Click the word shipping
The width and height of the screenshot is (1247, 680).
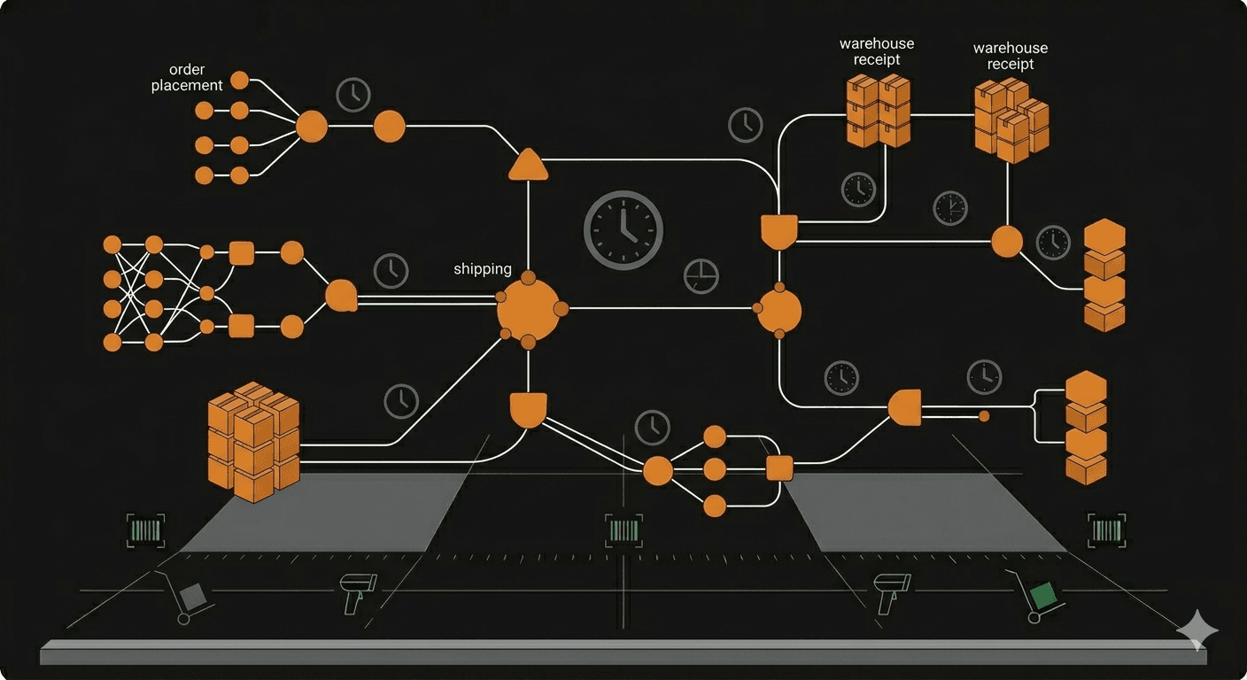(x=483, y=268)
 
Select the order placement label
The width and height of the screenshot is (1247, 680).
(x=187, y=77)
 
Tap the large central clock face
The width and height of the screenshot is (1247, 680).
(x=623, y=229)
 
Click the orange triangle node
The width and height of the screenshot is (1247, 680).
(x=529, y=166)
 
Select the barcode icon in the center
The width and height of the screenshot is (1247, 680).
(x=623, y=530)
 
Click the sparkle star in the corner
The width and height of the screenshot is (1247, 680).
(x=1197, y=630)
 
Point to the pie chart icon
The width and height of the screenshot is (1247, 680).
(x=701, y=276)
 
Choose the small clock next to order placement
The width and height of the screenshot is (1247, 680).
(x=353, y=94)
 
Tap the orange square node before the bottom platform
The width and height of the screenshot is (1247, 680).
(x=778, y=467)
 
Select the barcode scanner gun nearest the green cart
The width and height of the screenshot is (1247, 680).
(x=886, y=592)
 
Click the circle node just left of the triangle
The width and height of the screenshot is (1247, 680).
(x=389, y=127)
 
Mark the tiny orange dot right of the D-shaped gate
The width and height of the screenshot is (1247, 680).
(x=983, y=415)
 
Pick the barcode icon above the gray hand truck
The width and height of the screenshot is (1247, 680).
(x=145, y=530)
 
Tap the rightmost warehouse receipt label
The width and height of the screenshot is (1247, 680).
(x=1010, y=56)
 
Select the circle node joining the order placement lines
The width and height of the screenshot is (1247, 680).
(x=312, y=127)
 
